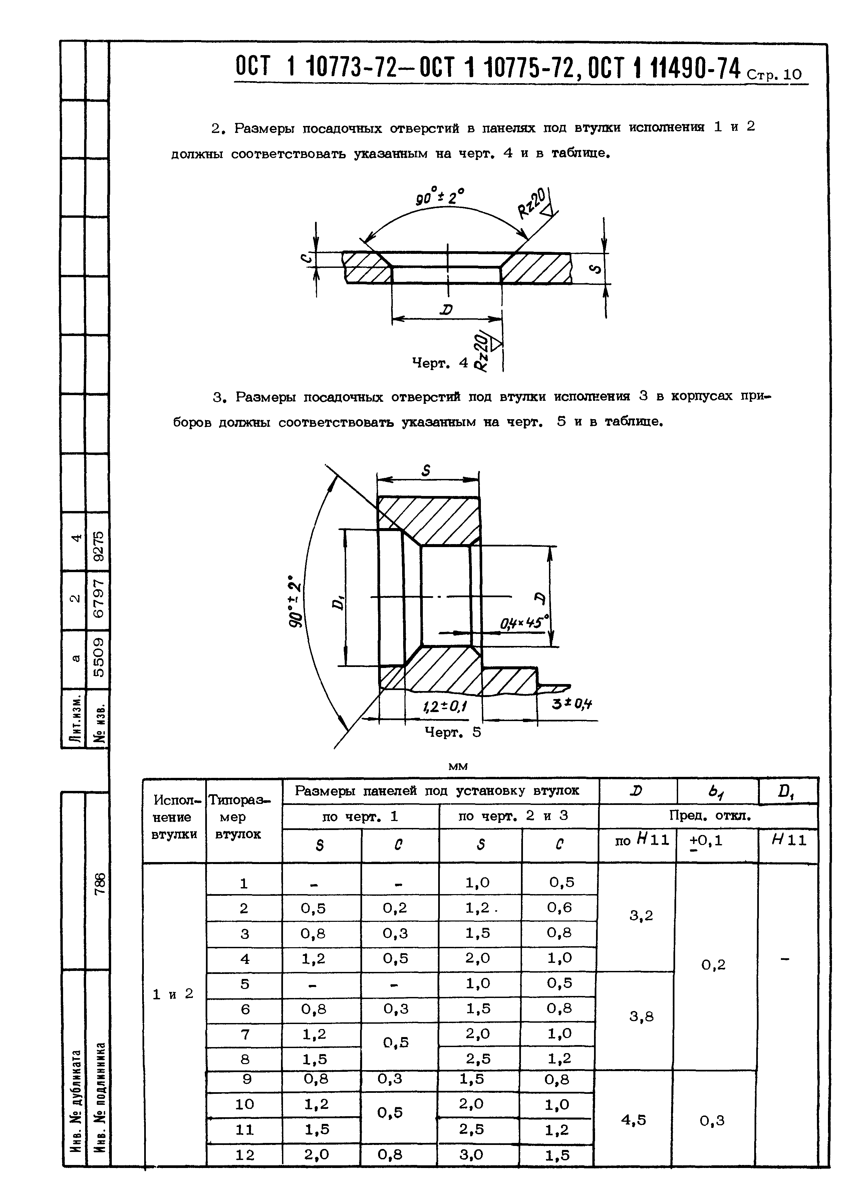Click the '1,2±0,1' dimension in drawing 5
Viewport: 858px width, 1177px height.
[445, 706]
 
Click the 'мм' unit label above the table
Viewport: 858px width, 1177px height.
[457, 767]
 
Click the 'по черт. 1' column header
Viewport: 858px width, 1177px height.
[360, 816]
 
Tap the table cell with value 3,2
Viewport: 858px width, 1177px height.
[641, 915]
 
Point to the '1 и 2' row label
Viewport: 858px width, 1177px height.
[173, 994]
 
